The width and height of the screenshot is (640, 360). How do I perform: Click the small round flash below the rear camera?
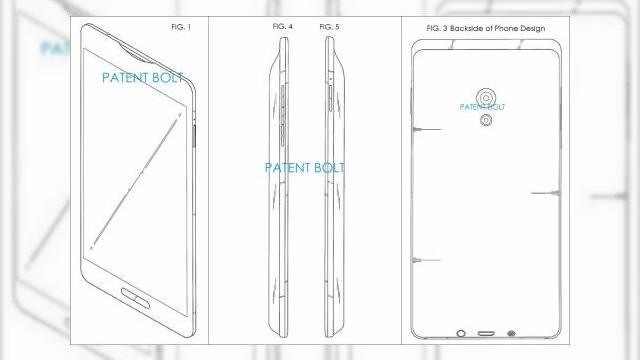point(485,122)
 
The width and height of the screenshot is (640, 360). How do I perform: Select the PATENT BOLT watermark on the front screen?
point(143,75)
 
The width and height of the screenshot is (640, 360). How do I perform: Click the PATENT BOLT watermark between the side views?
point(304,167)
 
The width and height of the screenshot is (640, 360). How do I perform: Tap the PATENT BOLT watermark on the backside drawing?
point(483,106)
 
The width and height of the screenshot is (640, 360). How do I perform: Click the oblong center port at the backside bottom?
point(486,333)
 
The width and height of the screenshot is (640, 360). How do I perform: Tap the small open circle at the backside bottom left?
point(461,333)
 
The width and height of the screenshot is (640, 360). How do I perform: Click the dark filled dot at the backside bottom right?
point(511,333)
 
